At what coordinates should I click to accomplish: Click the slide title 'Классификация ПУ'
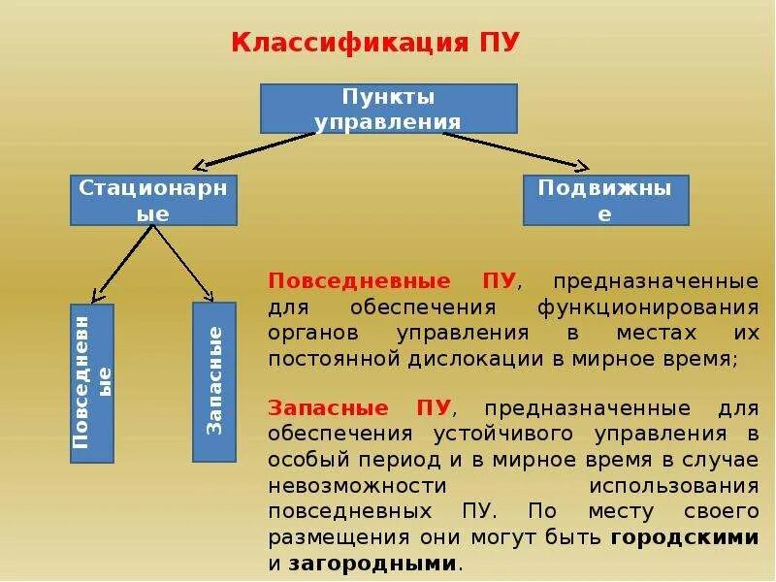point(375,44)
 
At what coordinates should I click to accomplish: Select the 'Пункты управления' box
point(388,109)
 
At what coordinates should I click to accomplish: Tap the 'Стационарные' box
point(153,200)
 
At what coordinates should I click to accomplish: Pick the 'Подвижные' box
point(605,200)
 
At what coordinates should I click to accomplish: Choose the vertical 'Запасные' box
point(214,381)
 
